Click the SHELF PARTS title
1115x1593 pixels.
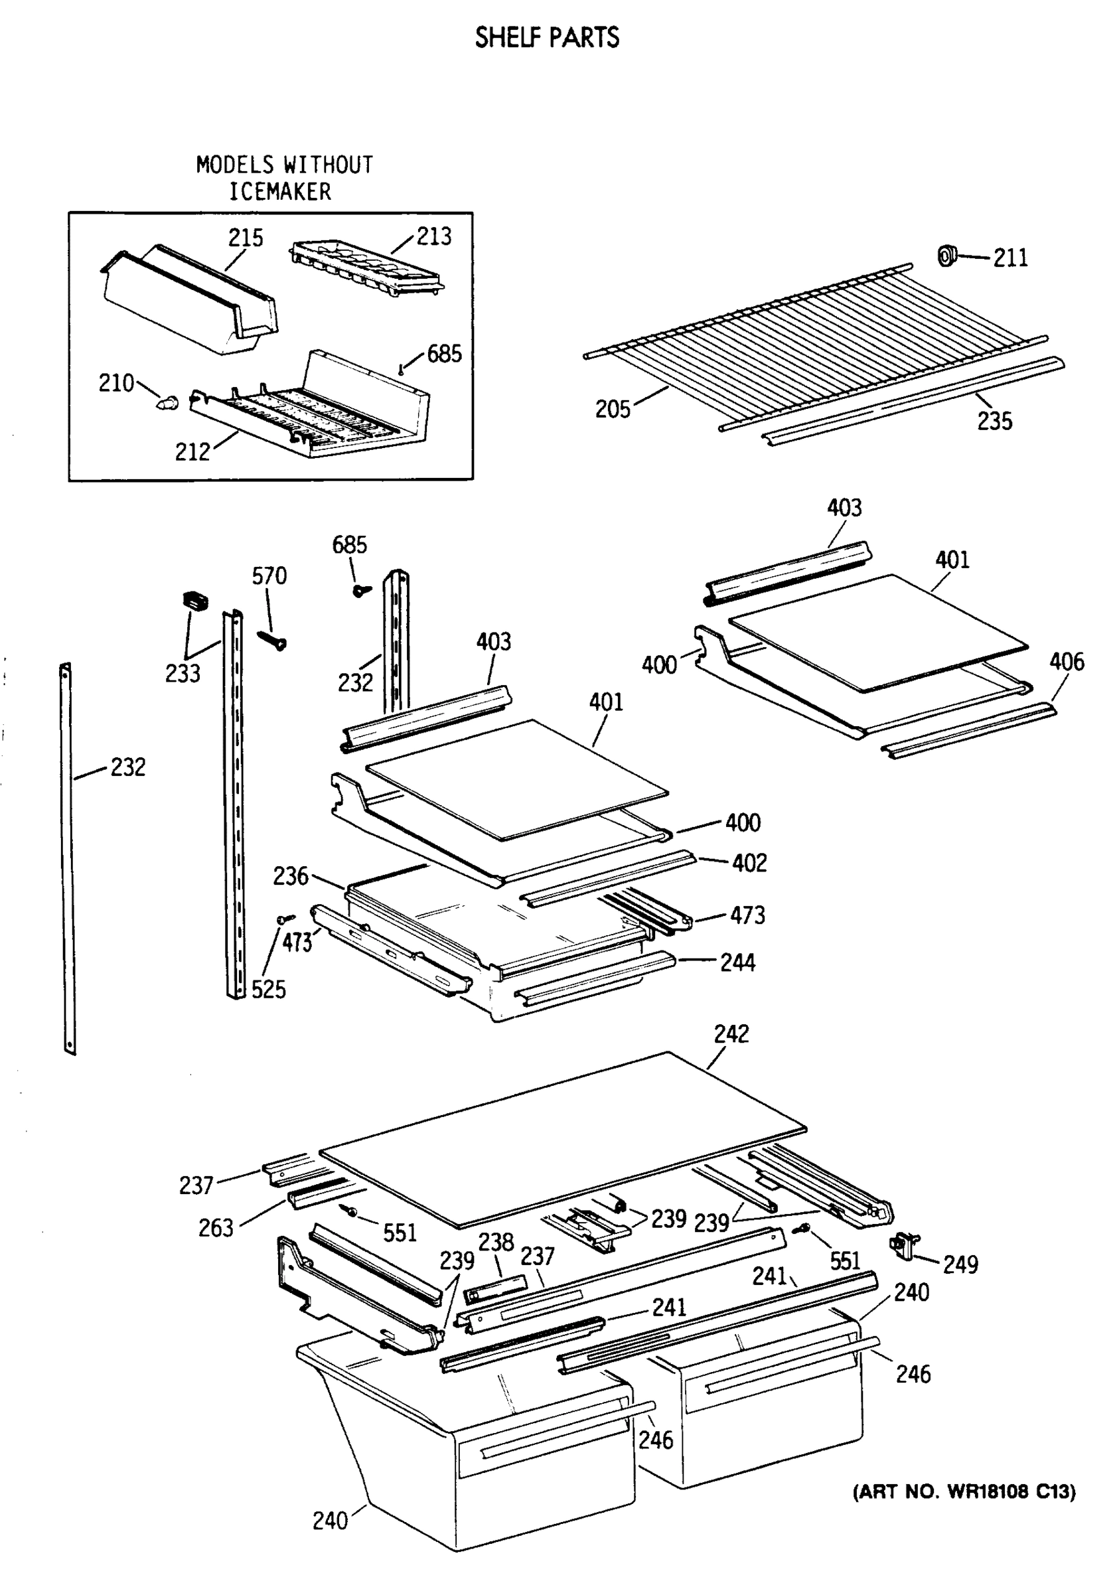click(547, 37)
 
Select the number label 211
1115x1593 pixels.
click(1010, 258)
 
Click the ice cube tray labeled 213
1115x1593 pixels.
click(366, 269)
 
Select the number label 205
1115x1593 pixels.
click(612, 410)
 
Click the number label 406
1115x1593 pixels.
click(1067, 662)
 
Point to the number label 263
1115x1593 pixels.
click(216, 1228)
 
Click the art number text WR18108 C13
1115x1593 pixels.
click(964, 1491)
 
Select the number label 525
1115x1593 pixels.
click(269, 990)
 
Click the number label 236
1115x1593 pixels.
click(290, 876)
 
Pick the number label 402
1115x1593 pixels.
click(749, 863)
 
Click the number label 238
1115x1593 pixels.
click(495, 1241)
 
